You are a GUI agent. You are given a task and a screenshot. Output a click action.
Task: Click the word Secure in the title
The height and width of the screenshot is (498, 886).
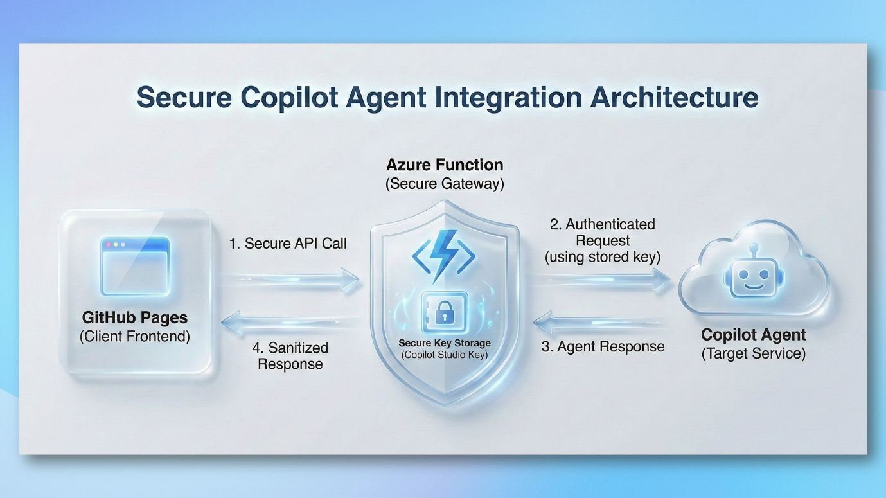pos(184,97)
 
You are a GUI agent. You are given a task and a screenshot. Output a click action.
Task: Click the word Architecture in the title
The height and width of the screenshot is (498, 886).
pos(674,97)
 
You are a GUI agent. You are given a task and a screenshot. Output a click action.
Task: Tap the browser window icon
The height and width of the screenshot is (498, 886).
pos(135,266)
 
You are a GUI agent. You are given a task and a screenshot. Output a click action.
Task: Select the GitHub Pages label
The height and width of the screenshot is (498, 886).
pos(135,317)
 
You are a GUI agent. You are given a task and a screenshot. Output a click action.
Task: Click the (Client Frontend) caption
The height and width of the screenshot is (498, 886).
pos(135,336)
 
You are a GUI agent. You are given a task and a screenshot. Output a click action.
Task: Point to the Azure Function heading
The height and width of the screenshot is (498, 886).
pos(445,165)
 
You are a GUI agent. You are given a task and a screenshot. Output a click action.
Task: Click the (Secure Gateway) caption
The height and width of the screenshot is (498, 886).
pos(445,184)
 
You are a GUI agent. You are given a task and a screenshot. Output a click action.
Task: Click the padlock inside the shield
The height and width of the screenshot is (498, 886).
pos(445,312)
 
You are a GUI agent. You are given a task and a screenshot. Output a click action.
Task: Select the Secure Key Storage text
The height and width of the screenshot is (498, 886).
pos(445,343)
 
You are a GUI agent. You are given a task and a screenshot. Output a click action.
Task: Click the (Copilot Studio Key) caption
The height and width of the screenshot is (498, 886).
pos(445,355)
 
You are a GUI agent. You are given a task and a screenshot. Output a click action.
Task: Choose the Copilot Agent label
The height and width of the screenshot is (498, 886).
pos(754,335)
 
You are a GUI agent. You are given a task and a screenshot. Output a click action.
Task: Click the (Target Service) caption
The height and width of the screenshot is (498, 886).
pos(754,353)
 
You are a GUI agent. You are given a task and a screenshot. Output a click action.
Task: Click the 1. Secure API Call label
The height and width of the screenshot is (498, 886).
pos(288,244)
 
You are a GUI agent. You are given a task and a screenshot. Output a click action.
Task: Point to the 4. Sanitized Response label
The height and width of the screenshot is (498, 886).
pos(290,355)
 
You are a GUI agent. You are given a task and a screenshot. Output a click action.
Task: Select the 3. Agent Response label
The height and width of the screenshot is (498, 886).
pos(603,346)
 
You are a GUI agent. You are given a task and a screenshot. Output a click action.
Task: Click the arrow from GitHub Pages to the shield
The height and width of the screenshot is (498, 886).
pos(290,280)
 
